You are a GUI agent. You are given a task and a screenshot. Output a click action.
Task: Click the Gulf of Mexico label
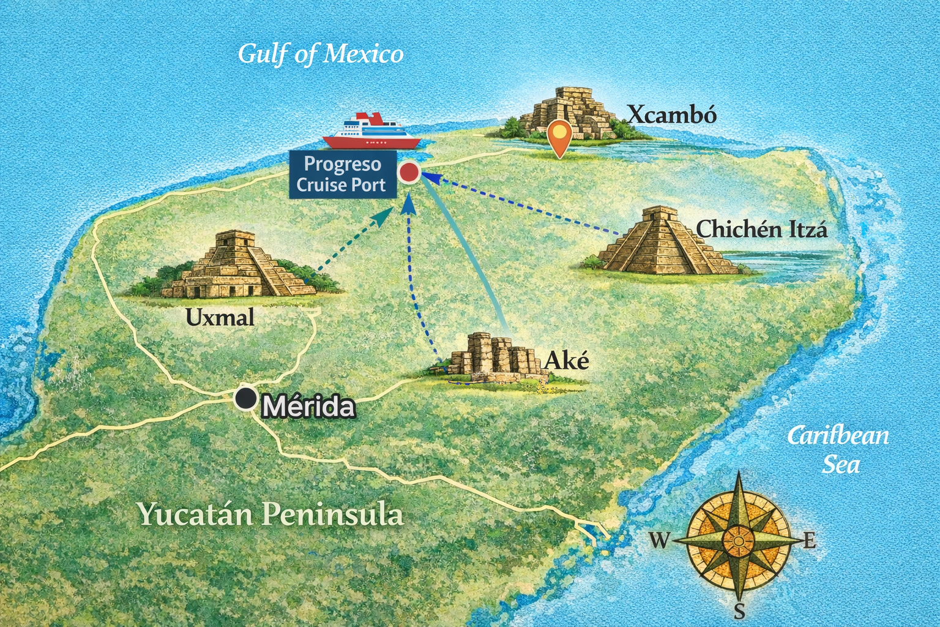(321, 54)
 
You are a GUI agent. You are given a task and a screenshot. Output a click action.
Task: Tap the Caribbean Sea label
(838, 449)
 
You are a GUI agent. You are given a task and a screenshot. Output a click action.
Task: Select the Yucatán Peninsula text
(270, 514)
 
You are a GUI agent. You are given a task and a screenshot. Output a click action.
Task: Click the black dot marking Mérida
(246, 399)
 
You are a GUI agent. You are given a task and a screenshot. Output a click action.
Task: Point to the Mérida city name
(308, 407)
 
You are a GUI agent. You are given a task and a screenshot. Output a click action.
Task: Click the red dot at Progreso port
(409, 173)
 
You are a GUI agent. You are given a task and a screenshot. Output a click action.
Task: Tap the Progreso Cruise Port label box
(342, 175)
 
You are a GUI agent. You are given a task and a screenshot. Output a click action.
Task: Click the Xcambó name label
(672, 115)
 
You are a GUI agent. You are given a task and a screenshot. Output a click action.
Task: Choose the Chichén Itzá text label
(762, 230)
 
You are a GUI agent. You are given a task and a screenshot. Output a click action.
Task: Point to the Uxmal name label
(220, 317)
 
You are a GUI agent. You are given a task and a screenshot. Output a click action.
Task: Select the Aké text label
(566, 361)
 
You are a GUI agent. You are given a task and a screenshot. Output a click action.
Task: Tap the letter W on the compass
(659, 540)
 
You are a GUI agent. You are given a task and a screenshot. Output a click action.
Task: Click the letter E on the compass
(809, 541)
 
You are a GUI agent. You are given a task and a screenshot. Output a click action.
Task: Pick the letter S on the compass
(739, 610)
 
